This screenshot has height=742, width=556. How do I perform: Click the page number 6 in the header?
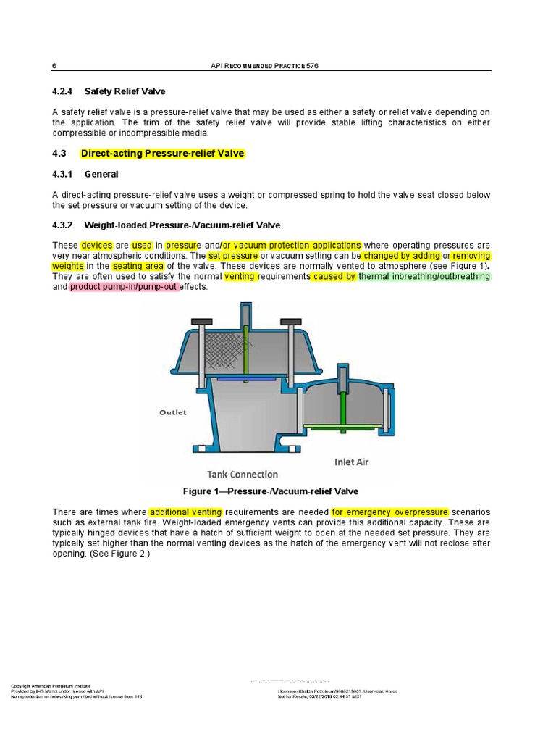coord(54,65)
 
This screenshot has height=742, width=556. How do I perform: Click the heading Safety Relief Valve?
coord(125,91)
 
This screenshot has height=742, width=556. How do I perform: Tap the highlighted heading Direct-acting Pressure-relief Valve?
coord(162,154)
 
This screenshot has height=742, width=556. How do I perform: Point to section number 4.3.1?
coord(63,175)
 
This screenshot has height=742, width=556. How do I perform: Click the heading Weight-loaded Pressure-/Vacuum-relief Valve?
coord(182,225)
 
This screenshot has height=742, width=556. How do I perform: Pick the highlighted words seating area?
coord(138,267)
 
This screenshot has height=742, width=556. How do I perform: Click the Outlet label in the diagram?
coord(173,412)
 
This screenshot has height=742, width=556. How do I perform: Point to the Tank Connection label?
coord(243,475)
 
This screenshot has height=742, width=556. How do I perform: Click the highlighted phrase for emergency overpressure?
coord(390,512)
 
